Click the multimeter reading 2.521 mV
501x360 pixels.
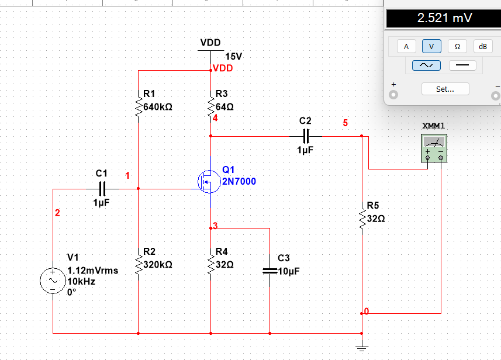pyautogui.click(x=444, y=18)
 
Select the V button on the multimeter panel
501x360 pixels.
pyautogui.click(x=431, y=46)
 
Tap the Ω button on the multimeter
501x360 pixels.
pyautogui.click(x=457, y=46)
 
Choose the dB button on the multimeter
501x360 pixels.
pyautogui.click(x=482, y=46)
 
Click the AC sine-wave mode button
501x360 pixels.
pyautogui.click(x=426, y=65)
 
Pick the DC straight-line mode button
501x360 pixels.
pyautogui.click(x=462, y=65)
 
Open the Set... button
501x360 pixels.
pyautogui.click(x=445, y=89)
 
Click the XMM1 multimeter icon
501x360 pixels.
pyautogui.click(x=434, y=147)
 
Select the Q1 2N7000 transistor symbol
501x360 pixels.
pyautogui.click(x=206, y=182)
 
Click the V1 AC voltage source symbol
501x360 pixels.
pyautogui.click(x=53, y=281)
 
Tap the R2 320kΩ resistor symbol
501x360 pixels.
pyautogui.click(x=138, y=265)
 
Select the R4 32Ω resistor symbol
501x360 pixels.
pyautogui.click(x=210, y=265)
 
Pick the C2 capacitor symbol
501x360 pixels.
pyautogui.click(x=305, y=136)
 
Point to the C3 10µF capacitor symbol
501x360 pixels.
pyautogui.click(x=269, y=271)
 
